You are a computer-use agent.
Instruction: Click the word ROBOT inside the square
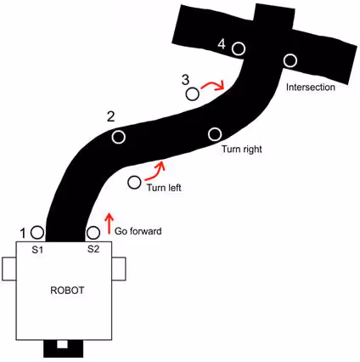67,291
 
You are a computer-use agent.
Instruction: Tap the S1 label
37,250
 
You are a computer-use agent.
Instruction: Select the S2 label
93,249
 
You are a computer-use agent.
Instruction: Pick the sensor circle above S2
93,233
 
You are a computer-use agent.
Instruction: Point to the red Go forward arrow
110,223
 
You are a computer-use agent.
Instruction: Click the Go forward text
138,231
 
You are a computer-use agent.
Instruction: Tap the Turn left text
164,188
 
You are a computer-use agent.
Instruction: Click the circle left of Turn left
134,183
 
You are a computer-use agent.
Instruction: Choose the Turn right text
242,150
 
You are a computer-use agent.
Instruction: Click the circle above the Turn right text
215,134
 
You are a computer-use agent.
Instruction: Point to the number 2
111,116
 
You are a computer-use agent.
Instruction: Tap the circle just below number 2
118,137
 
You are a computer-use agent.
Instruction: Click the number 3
185,80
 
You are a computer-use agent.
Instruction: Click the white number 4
222,44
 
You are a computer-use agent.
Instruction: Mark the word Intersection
311,87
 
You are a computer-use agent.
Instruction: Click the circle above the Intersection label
290,60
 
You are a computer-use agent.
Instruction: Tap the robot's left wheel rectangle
9,269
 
